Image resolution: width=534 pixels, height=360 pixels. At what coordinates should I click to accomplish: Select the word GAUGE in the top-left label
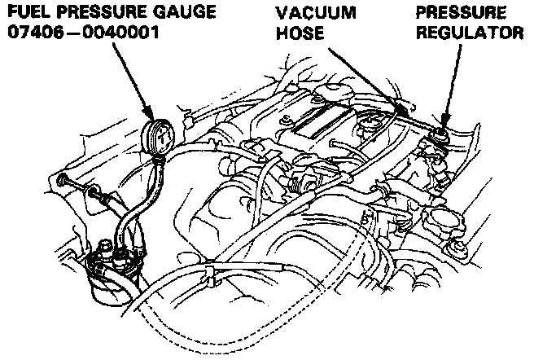pyautogui.click(x=184, y=14)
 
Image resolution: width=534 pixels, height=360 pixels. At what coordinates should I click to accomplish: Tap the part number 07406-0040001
pyautogui.click(x=86, y=35)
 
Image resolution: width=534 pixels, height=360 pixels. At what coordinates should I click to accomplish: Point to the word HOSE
pyautogui.click(x=296, y=35)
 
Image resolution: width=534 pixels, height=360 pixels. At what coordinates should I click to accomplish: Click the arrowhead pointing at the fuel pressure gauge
pyautogui.click(x=150, y=113)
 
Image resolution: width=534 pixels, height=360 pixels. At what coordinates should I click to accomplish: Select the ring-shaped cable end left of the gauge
pyautogui.click(x=63, y=178)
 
